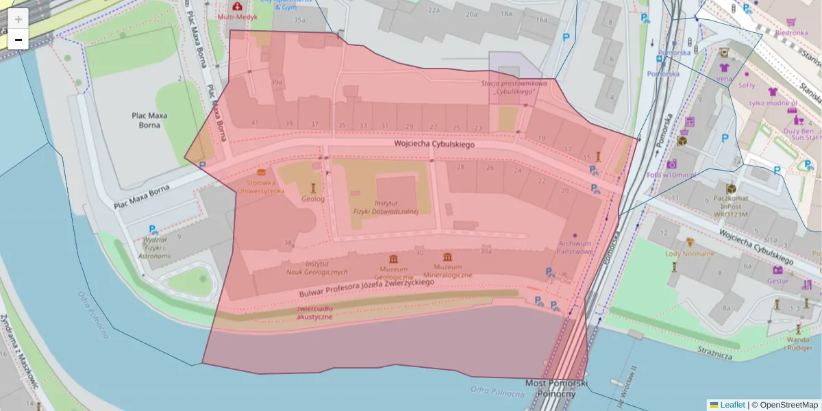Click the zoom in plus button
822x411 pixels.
tap(18, 19)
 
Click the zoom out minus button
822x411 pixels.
tap(18, 40)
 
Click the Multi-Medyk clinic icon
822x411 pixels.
tap(236, 5)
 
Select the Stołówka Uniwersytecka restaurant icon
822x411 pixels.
tap(260, 172)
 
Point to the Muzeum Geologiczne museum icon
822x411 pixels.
tap(393, 258)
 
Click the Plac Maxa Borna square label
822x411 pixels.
tap(149, 121)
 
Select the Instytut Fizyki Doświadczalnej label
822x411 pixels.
tap(386, 208)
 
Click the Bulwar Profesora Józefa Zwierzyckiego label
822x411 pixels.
tap(366, 288)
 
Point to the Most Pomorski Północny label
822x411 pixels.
tap(556, 388)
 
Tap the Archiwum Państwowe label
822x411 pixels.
tap(574, 247)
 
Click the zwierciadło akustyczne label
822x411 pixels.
tap(315, 312)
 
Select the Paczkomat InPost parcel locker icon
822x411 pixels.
tap(731, 188)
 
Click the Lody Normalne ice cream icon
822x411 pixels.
tap(690, 242)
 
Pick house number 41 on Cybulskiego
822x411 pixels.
tap(255, 123)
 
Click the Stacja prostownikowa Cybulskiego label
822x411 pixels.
tap(514, 87)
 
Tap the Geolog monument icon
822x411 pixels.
tap(313, 188)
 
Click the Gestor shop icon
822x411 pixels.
tap(777, 270)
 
